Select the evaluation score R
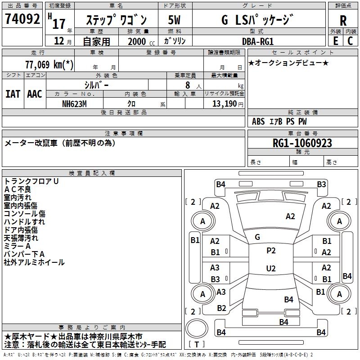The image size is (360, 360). click(343, 20)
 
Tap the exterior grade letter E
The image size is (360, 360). click(335, 40)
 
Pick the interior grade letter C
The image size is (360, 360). click(351, 40)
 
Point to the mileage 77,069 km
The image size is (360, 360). click(49, 65)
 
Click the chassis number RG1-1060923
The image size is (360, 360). click(302, 143)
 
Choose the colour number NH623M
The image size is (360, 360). click(75, 103)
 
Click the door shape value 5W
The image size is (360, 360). click(175, 20)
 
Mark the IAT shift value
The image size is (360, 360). click(13, 94)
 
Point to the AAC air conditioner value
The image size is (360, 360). click(35, 94)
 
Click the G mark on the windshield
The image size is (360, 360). click(257, 237)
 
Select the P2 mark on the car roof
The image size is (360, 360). click(271, 251)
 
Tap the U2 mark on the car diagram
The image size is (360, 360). click(271, 269)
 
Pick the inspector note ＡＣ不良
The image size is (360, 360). click(18, 189)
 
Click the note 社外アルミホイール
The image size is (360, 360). click(34, 262)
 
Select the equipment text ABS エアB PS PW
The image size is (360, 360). click(279, 121)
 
